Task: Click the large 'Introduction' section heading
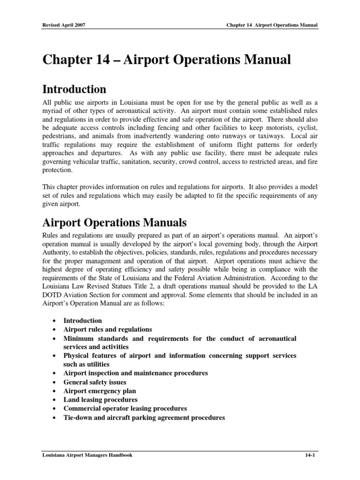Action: coord(74,89)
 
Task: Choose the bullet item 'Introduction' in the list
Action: coord(82,321)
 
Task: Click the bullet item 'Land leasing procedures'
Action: coord(100,400)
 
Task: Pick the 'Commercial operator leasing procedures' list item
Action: coord(125,409)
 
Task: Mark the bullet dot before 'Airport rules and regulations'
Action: coord(55,330)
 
